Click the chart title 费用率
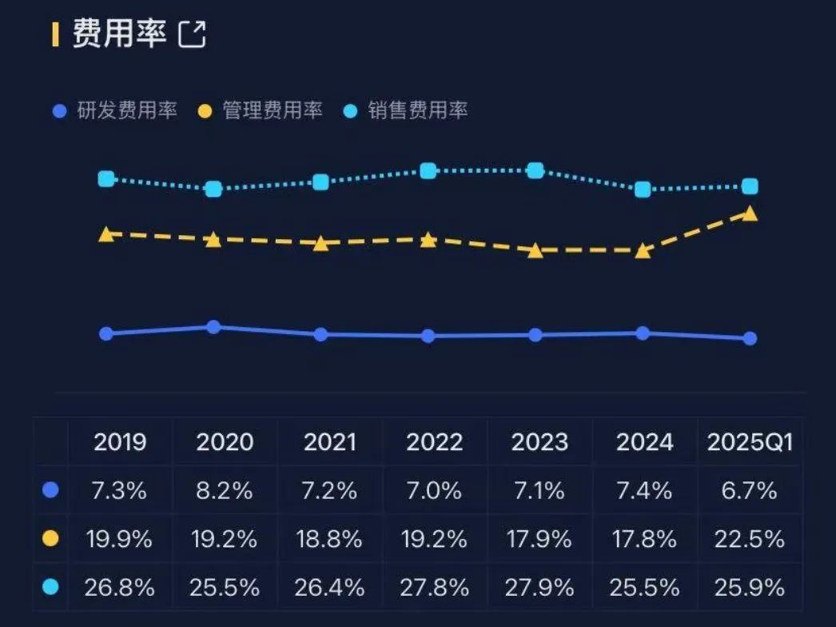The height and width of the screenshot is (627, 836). [120, 34]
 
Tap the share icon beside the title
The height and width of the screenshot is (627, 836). [192, 34]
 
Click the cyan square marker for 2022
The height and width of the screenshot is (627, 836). [428, 170]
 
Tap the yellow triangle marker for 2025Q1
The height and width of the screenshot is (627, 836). [750, 214]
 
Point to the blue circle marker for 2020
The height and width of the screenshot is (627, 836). [213, 327]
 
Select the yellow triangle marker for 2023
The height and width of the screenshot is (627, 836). [535, 250]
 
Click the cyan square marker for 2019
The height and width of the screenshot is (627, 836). [106, 179]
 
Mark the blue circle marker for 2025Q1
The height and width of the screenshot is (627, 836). [750, 338]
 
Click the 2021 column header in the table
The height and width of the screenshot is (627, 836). [330, 442]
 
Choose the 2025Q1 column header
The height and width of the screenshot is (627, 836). [750, 442]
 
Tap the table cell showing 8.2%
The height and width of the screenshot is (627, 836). [225, 490]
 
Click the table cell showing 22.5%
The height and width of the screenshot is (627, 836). [750, 539]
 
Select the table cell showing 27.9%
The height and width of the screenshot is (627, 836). [539, 588]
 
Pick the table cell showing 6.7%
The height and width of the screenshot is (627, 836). [750, 490]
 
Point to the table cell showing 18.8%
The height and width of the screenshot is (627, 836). [330, 539]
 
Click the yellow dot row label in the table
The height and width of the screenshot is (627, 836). [50, 539]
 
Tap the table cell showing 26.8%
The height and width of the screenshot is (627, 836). [119, 588]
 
